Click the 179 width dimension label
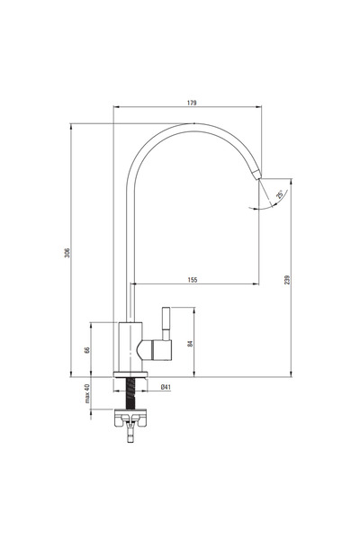pos(192,103)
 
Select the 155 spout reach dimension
pos(193,280)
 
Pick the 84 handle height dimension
pos(188,341)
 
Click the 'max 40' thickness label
pos(87,394)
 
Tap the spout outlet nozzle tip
pos(257,173)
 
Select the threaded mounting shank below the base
pos(133,392)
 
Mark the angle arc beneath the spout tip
pos(262,208)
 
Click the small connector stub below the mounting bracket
pos(132,436)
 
